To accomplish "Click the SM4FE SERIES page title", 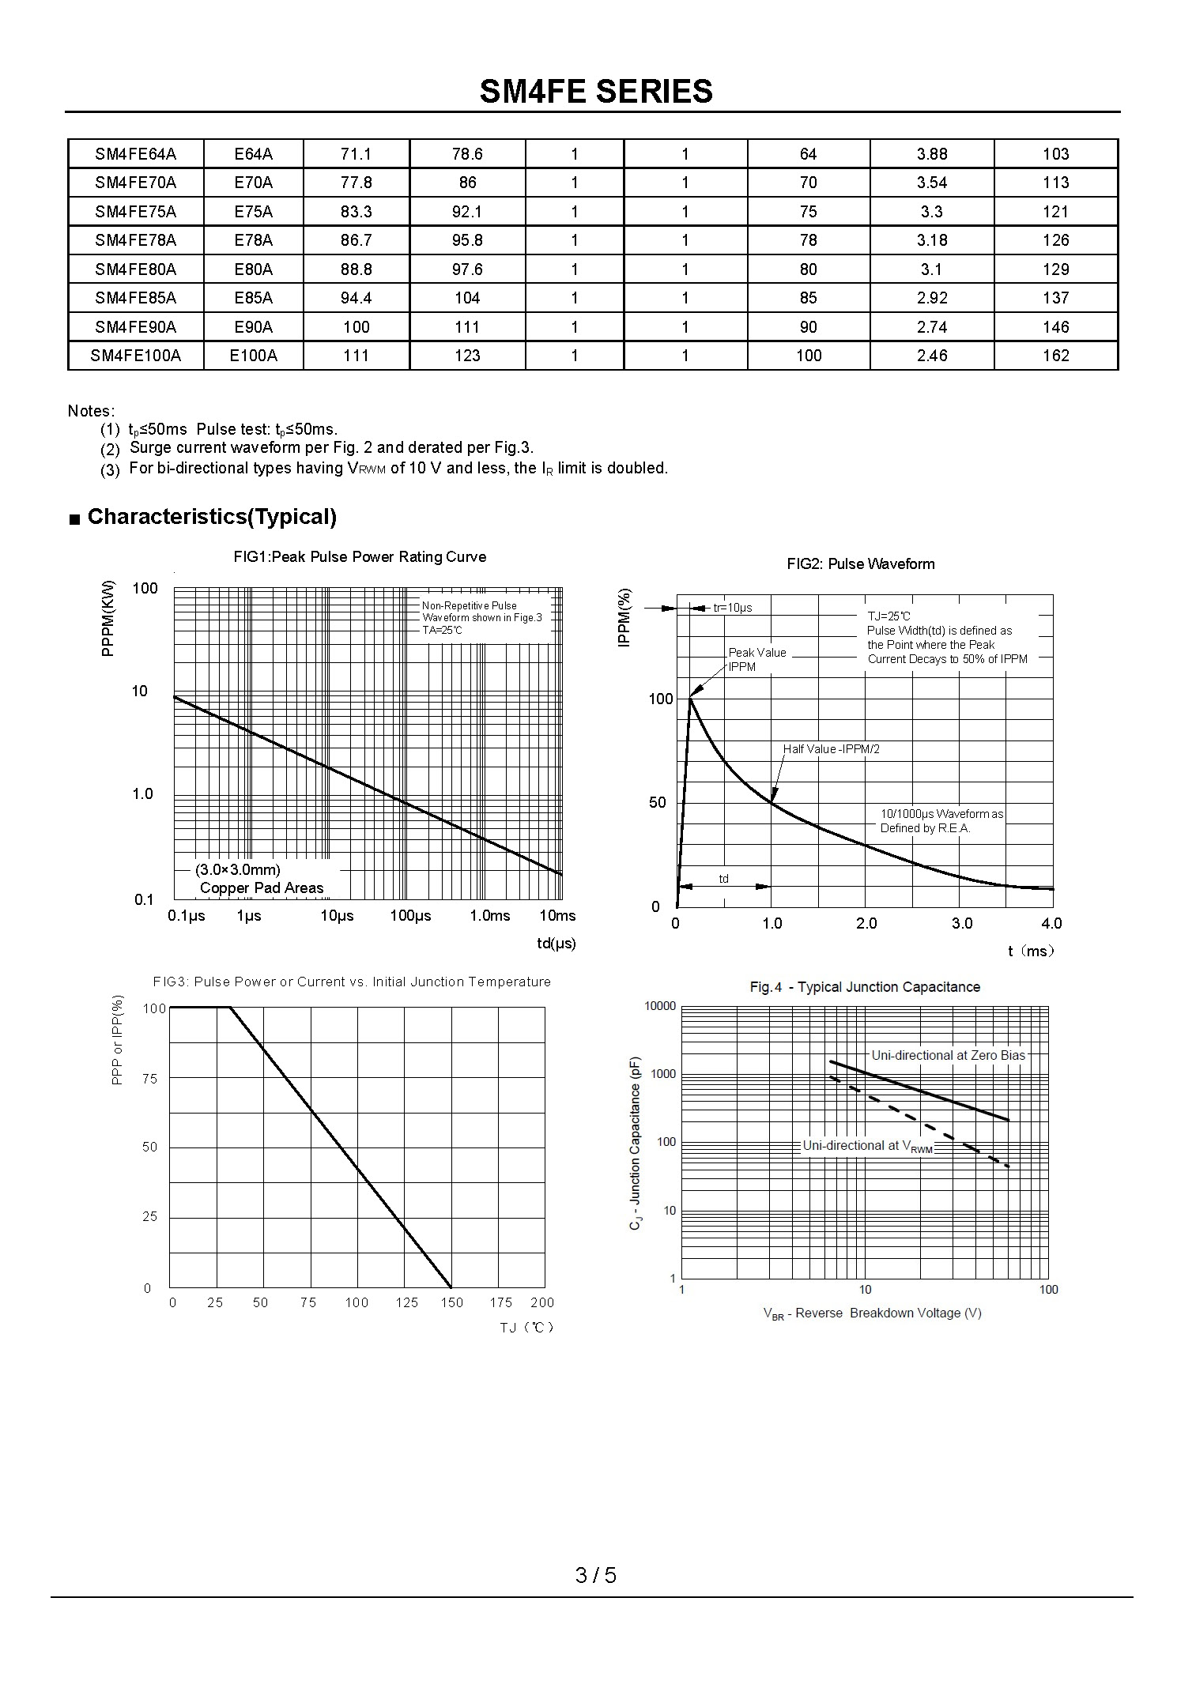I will pos(596,92).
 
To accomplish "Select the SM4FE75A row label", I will pos(135,212).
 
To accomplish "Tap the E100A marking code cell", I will pos(254,356).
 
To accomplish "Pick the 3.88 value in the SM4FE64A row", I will pos(931,154).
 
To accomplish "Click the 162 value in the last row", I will pos(1055,356).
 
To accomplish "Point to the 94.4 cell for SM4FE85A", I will pos(356,298).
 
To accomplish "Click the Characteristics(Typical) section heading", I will pos(212,517).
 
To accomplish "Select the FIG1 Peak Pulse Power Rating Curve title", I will pos(360,557).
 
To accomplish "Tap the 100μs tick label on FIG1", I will pos(410,916).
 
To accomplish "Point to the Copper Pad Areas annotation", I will pos(262,888).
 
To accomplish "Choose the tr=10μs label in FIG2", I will pos(733,608).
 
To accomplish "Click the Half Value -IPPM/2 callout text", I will pos(831,749).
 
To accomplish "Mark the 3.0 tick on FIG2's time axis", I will pos(961,924).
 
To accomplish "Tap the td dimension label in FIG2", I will pos(723,879).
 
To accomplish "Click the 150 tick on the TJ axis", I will pos(451,1303).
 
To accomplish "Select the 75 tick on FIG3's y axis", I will pos(149,1079).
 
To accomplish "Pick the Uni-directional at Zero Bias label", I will pos(948,1056).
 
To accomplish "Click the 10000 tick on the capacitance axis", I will pos(661,1006).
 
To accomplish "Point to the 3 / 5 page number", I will pos(596,1576).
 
